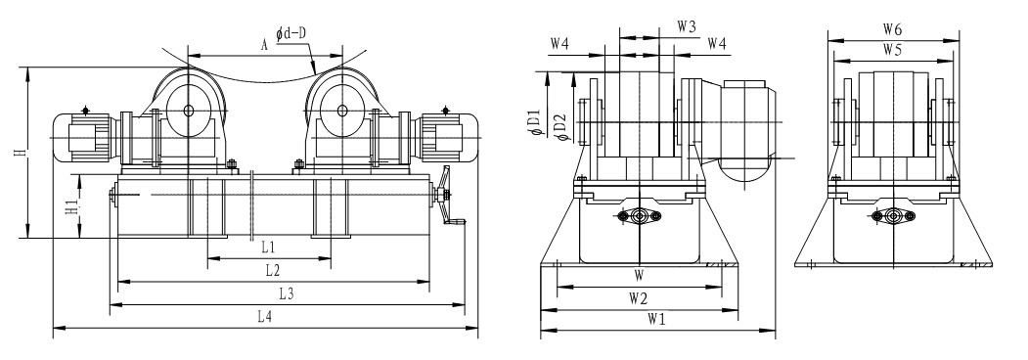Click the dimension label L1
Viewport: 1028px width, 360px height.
coord(267,247)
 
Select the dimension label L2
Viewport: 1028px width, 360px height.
coord(273,269)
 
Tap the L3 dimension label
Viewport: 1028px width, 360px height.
coord(287,293)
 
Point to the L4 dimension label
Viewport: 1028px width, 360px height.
coord(265,317)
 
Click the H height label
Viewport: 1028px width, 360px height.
coord(22,153)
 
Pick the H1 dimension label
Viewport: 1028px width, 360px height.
coord(74,206)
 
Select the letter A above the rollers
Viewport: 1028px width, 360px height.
coord(264,45)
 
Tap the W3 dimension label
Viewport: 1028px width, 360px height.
coord(687,26)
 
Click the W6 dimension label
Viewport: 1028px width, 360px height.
coord(892,28)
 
